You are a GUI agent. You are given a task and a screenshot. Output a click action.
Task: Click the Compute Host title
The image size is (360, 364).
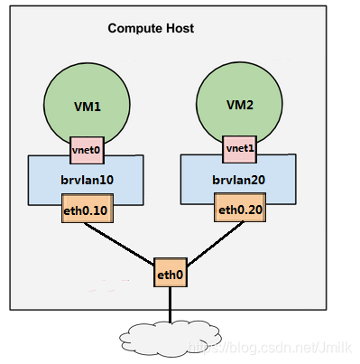click(151, 29)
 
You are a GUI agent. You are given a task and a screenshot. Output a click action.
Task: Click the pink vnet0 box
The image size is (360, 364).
click(87, 150)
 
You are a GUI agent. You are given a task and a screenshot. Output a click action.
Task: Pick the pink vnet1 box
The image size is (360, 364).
click(240, 149)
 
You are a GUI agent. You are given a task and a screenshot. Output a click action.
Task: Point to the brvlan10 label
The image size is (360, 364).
click(88, 180)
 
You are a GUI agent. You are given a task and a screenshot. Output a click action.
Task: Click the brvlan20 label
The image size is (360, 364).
click(239, 180)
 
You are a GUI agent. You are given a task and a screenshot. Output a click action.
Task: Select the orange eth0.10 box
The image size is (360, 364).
click(88, 209)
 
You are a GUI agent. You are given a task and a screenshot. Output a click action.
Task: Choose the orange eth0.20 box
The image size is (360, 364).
click(240, 208)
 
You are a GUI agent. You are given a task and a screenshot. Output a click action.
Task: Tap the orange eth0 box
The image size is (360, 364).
click(171, 272)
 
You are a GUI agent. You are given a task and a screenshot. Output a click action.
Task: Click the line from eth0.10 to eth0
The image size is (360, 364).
click(119, 244)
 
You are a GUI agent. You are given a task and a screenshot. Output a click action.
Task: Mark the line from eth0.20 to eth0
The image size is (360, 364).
click(216, 244)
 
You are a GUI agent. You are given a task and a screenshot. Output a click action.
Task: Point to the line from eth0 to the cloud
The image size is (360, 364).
click(171, 304)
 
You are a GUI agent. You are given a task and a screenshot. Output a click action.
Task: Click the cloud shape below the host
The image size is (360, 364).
click(171, 340)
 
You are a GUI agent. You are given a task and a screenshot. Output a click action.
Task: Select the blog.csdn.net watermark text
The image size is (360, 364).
click(270, 348)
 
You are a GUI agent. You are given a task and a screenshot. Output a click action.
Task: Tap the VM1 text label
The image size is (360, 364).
click(88, 107)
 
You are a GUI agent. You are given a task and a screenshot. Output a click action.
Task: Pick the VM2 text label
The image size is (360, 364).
click(240, 105)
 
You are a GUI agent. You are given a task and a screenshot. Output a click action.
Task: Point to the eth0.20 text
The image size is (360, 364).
click(241, 210)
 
